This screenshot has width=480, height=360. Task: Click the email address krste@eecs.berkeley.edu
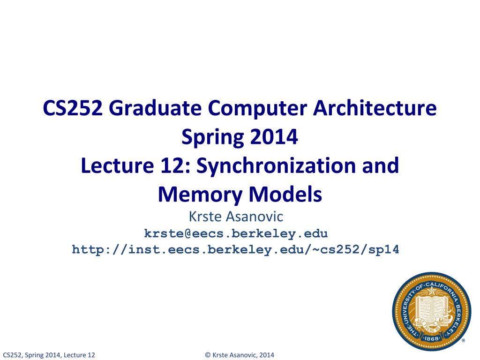click(x=236, y=233)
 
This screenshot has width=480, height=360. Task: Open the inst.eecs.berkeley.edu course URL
click(x=236, y=249)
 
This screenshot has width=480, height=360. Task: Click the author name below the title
click(x=236, y=217)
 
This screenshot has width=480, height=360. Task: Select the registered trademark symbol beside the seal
click(x=463, y=341)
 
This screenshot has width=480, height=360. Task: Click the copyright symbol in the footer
click(x=208, y=355)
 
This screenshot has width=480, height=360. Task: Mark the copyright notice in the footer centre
click(x=240, y=355)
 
